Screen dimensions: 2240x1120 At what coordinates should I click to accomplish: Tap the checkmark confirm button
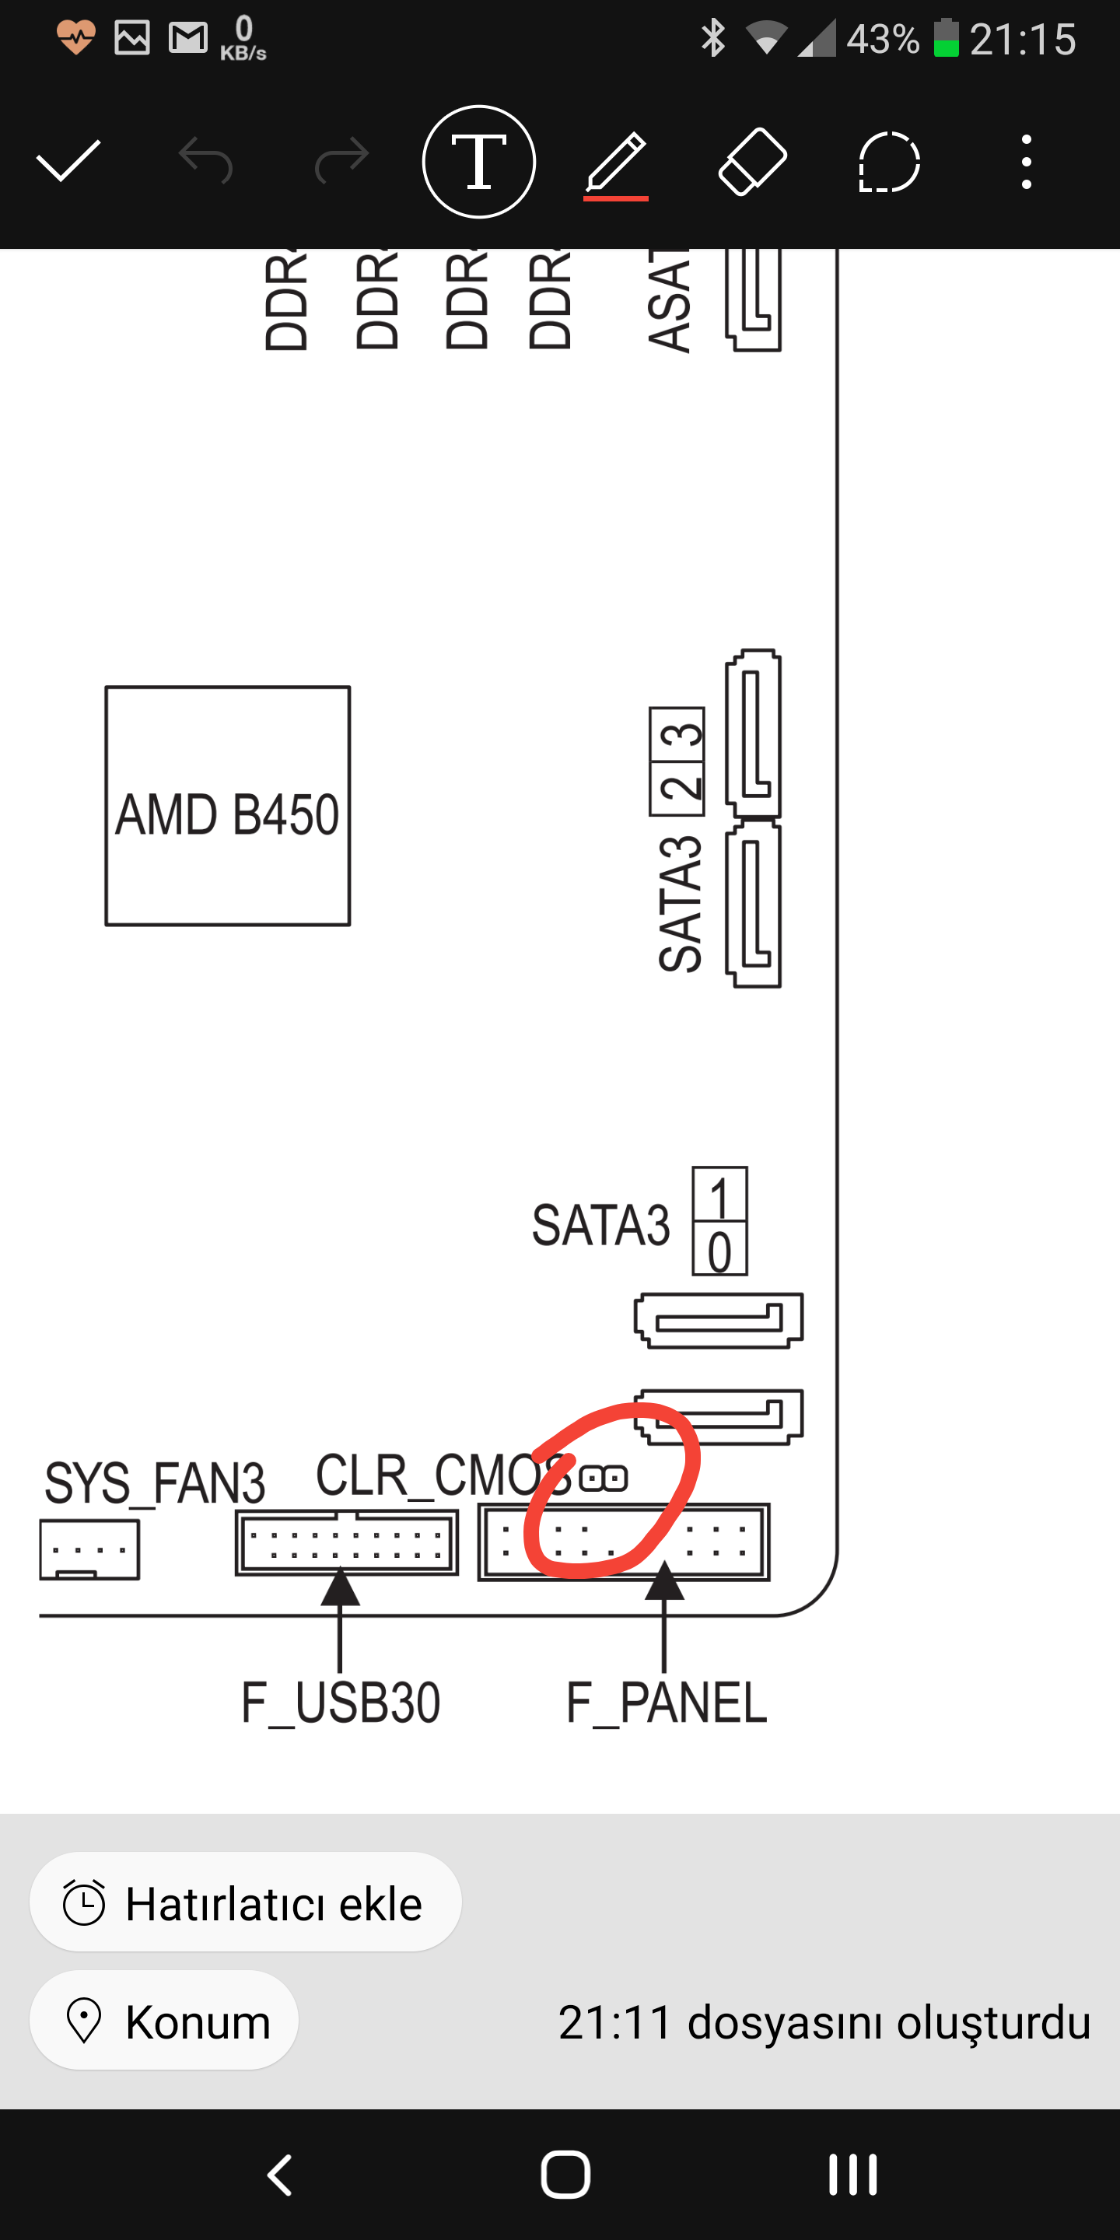click(x=68, y=161)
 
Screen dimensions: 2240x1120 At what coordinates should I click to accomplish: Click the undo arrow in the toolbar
click(x=205, y=161)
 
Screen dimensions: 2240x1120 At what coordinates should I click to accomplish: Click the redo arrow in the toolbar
click(x=341, y=161)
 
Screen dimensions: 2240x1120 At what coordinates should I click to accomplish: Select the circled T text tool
click(x=478, y=162)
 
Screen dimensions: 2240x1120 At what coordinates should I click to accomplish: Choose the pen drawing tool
click(x=616, y=163)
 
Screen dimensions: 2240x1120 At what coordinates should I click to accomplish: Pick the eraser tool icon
click(x=752, y=162)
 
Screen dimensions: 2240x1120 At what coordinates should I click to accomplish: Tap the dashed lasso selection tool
click(x=889, y=162)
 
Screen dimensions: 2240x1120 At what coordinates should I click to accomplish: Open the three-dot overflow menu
click(x=1026, y=162)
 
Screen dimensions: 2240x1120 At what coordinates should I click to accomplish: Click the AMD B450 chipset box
click(x=228, y=806)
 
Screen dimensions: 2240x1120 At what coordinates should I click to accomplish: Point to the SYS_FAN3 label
click(x=155, y=1483)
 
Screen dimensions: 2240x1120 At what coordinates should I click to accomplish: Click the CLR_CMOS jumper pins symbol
click(x=603, y=1479)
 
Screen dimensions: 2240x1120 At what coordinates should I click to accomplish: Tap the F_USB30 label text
click(x=341, y=1703)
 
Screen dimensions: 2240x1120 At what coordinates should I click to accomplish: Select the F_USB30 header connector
click(x=346, y=1543)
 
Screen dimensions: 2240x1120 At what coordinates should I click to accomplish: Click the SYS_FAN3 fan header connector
click(x=89, y=1549)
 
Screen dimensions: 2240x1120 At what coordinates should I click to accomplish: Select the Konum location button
click(x=164, y=2020)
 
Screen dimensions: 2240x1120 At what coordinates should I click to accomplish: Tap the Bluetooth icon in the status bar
click(x=712, y=38)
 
